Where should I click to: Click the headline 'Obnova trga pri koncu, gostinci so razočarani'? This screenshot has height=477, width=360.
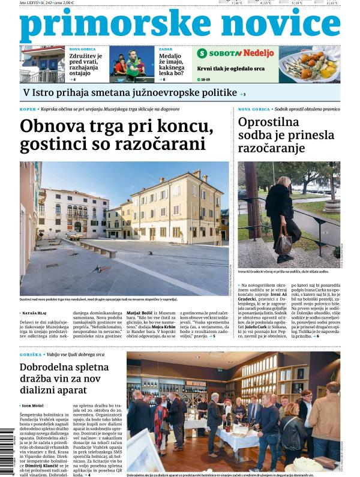coord(116,136)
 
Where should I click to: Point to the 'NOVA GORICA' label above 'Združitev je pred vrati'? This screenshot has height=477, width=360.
coord(82,49)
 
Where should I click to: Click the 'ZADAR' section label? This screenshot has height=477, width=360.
coord(165,49)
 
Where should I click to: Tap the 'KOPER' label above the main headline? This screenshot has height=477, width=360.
coord(28,109)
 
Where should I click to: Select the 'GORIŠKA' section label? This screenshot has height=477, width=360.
coord(30,355)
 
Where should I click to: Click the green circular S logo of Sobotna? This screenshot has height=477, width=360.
coord(202,53)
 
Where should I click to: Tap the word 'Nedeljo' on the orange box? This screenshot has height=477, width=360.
coord(259,53)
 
